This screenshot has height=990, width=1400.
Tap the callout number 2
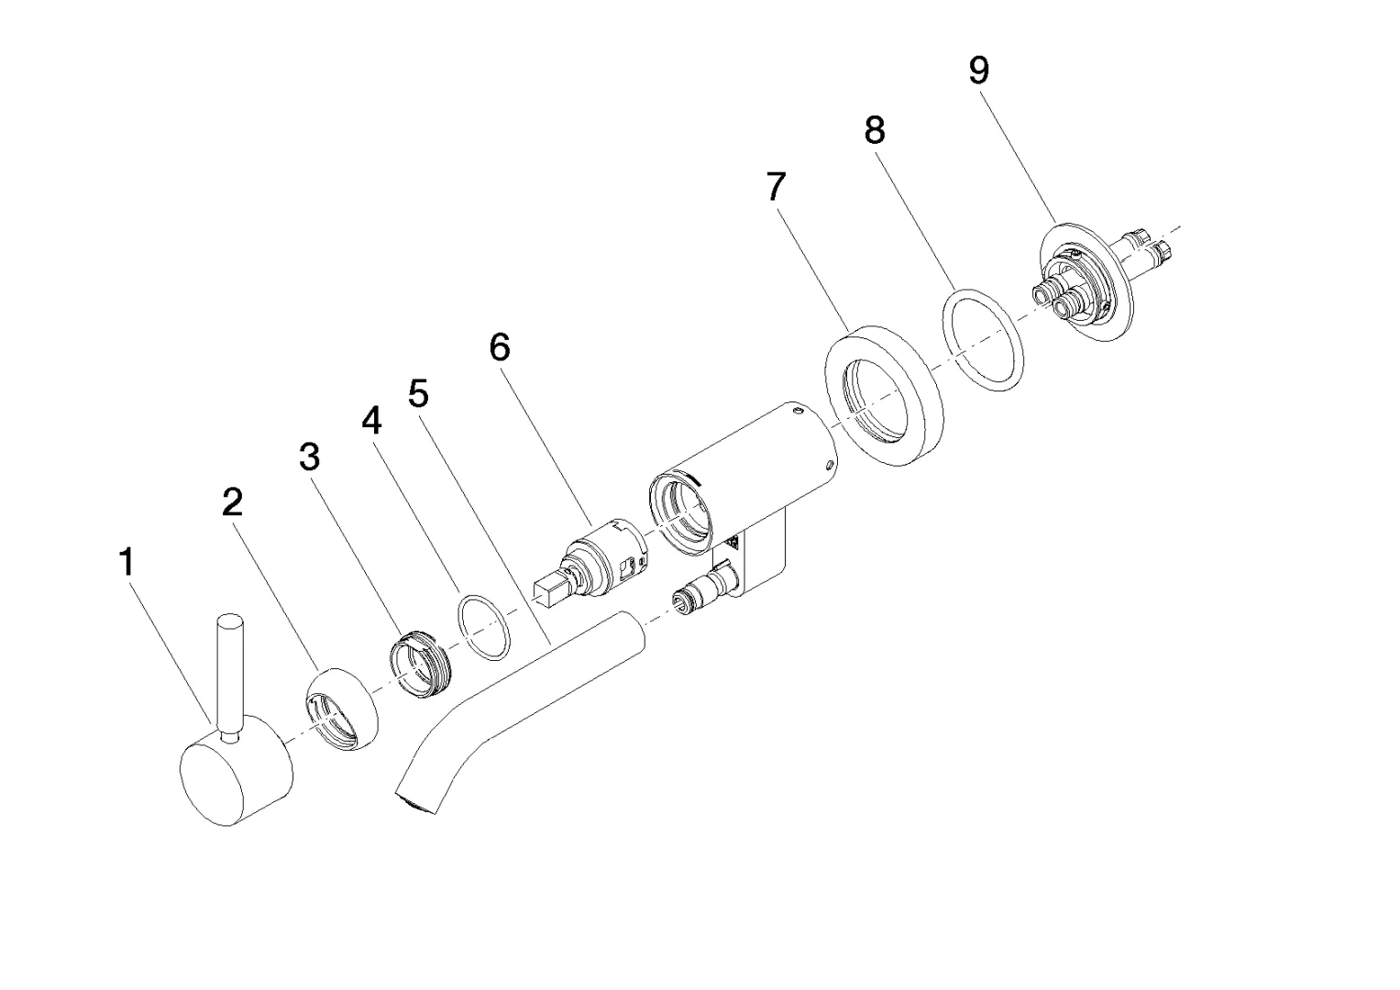(233, 501)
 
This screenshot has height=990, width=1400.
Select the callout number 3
(310, 456)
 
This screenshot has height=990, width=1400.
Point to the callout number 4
(370, 421)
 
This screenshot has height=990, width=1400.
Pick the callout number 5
(418, 394)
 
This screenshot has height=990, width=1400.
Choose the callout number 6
(500, 347)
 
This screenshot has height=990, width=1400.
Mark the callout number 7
(776, 187)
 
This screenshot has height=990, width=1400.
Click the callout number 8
(875, 131)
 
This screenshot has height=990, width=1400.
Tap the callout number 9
(979, 71)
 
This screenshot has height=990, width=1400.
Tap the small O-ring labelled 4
(484, 628)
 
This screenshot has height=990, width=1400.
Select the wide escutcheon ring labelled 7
(885, 394)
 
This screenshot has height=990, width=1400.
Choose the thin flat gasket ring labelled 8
(982, 340)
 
